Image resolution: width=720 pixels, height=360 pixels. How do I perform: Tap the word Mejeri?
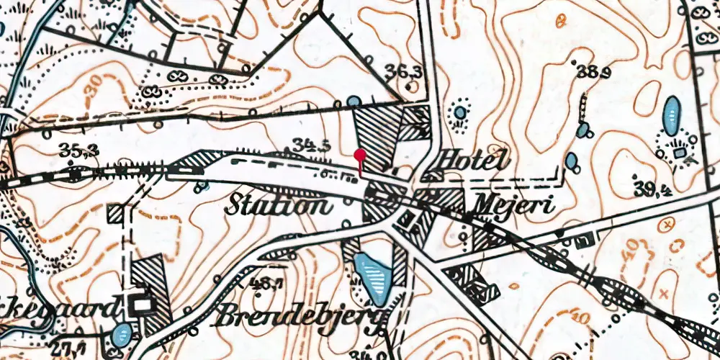(512, 206)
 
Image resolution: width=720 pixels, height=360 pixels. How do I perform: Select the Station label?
(279, 206)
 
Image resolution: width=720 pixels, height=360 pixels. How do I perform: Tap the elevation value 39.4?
(654, 189)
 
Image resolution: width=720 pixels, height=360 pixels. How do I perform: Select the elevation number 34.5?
(311, 145)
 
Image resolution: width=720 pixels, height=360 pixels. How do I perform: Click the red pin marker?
(361, 154)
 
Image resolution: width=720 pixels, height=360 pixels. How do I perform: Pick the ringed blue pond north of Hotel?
(459, 112)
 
